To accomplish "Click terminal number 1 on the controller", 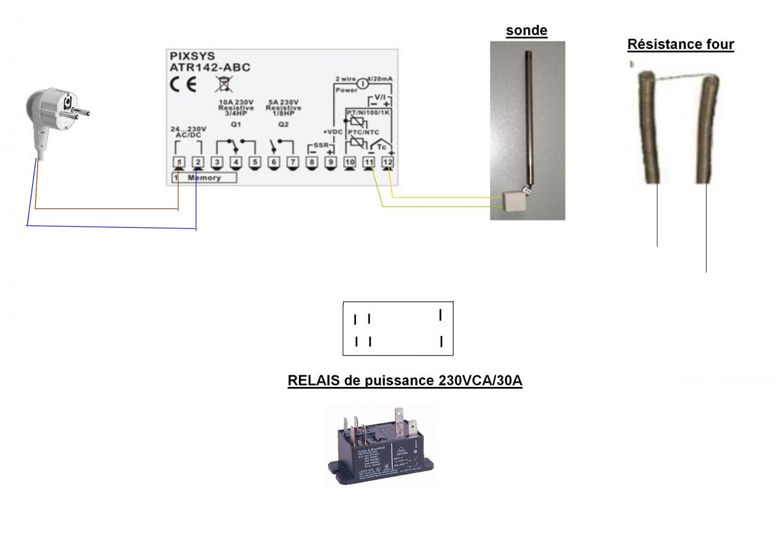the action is coord(179,162).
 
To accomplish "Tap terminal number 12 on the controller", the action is coord(388,162).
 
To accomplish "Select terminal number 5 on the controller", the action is coord(255,162).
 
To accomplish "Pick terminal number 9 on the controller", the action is coord(330,162).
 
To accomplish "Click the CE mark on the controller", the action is coord(183,84).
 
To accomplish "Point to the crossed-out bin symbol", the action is coord(221,84).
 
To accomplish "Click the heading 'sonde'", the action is coord(527,31).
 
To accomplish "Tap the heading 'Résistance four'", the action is coord(680,44).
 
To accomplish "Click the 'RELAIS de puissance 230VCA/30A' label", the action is coord(404,381).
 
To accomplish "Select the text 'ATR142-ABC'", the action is coord(210,68).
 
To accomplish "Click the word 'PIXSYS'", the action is coord(192,56).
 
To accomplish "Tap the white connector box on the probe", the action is coord(515,199).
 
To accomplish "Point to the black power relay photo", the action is coord(381,448).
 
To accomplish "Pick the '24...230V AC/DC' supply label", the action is coord(190,132).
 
